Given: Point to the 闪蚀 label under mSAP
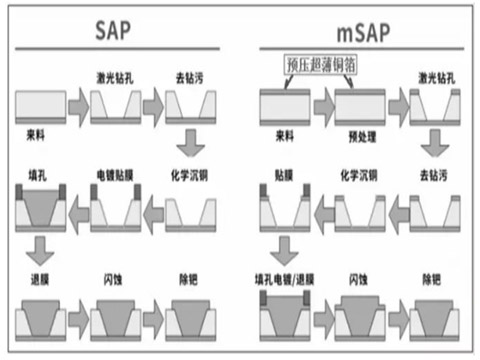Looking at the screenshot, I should [x=360, y=274].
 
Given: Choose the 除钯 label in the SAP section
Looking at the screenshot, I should [x=189, y=274].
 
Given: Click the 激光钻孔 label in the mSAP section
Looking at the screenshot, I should [x=436, y=76].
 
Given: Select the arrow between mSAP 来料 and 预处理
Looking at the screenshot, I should [x=322, y=105].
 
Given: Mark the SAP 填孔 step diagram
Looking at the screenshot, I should [x=42, y=208].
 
